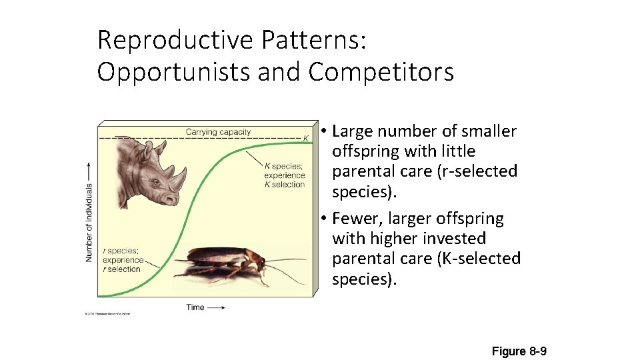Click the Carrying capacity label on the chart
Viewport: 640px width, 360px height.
[x=218, y=132]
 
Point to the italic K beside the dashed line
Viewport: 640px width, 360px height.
[x=306, y=138]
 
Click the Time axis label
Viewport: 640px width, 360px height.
[x=195, y=307]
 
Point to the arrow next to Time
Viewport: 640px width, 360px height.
[x=215, y=307]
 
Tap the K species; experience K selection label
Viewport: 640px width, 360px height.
[x=284, y=175]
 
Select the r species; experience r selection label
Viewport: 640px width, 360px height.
[x=123, y=260]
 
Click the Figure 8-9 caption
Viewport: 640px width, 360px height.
[x=519, y=351]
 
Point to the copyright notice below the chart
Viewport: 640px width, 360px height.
[x=107, y=313]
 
